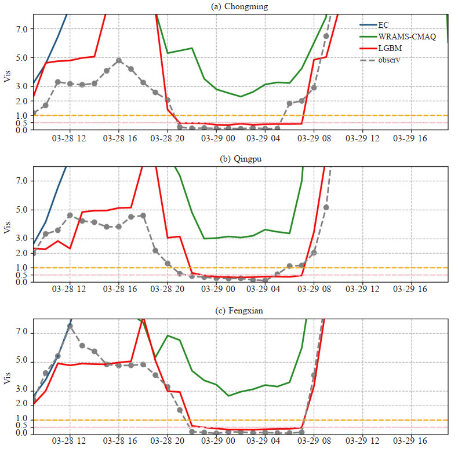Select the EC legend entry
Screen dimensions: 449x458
[x=382, y=24]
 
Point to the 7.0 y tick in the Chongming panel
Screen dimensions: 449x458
[x=23, y=29]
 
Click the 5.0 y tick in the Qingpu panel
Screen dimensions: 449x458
[x=23, y=210]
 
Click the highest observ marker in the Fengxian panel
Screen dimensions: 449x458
[x=70, y=326]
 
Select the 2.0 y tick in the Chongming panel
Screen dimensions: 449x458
[x=23, y=101]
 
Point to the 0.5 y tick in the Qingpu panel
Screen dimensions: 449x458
[x=23, y=275]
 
